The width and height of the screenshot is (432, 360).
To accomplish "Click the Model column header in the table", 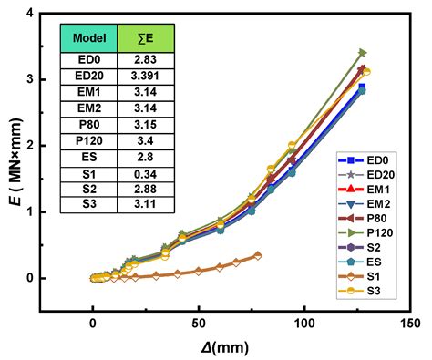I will point(87,39).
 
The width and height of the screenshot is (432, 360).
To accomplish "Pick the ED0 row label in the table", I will point(87,58).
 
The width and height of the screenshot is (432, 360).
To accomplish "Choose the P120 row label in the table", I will point(87,139).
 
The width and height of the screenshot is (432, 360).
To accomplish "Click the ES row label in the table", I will point(87,155).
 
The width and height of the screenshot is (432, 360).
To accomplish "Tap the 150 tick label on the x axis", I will point(409,323).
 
